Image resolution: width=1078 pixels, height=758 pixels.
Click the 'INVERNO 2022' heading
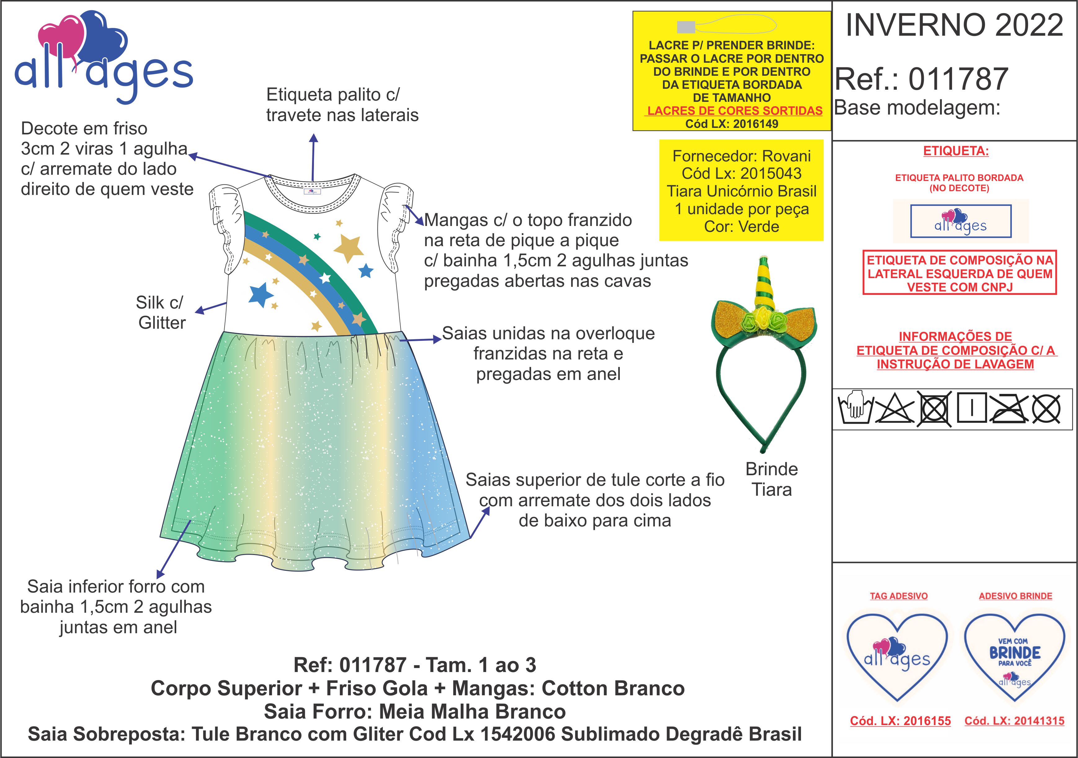pyautogui.click(x=954, y=25)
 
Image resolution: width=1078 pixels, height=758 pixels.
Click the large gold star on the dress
pyautogui.click(x=348, y=247)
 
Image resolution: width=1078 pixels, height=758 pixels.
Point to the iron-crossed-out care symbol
pyautogui.click(x=1009, y=408)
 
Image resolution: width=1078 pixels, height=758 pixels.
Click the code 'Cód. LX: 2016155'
pyautogui.click(x=900, y=721)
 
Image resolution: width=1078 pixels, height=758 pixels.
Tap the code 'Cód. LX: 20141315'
pyautogui.click(x=1014, y=721)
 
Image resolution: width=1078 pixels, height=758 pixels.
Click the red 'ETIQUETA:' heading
pyautogui.click(x=955, y=151)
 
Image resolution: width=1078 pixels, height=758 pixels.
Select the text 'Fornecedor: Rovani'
pyautogui.click(x=741, y=156)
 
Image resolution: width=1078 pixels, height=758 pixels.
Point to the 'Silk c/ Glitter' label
pyautogui.click(x=161, y=313)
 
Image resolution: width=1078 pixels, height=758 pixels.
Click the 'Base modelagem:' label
pyautogui.click(x=917, y=108)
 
